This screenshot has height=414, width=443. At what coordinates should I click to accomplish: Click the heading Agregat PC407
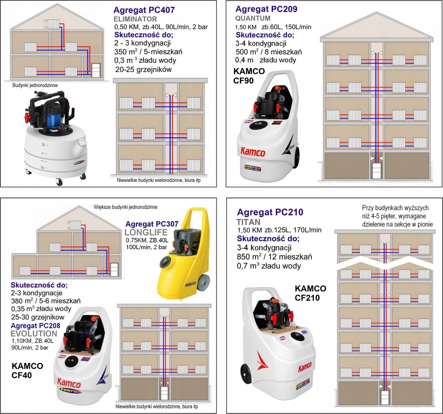[x=144, y=10]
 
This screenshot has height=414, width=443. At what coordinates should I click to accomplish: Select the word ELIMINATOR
[x=135, y=19]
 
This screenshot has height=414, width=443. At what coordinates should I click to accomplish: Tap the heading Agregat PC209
[x=266, y=9]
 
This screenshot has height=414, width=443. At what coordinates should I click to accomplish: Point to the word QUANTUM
[x=253, y=18]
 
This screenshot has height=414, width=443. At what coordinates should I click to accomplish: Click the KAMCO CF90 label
[x=249, y=76]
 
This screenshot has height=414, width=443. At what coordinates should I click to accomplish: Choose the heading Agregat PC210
[x=270, y=212]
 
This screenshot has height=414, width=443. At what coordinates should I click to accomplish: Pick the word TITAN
[x=248, y=222]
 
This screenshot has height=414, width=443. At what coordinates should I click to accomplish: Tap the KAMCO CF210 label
[x=310, y=293]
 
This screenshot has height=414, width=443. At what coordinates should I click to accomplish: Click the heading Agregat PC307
[x=152, y=224]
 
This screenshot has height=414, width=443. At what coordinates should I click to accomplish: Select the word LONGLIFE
[x=146, y=232]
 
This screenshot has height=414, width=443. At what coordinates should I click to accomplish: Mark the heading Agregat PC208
[x=35, y=325]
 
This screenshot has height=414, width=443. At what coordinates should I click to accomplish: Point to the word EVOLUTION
[x=34, y=334]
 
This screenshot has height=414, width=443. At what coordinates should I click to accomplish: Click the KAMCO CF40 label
[x=27, y=370]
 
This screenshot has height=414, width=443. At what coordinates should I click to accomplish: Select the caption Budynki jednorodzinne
[x=35, y=85]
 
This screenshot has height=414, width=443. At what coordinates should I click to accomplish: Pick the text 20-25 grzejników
[x=143, y=69]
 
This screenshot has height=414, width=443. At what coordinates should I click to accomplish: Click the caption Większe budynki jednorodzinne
[x=126, y=207]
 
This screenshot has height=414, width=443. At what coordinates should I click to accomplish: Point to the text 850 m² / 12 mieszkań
[x=274, y=257]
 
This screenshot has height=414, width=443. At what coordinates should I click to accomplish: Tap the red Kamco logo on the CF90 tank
[x=253, y=151]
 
